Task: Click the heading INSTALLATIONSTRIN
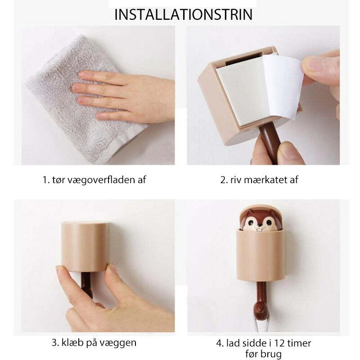point(183,14)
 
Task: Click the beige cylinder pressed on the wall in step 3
point(85,247)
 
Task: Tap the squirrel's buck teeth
point(260,229)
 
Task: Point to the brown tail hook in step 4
point(261,303)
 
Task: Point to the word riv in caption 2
point(236,180)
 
